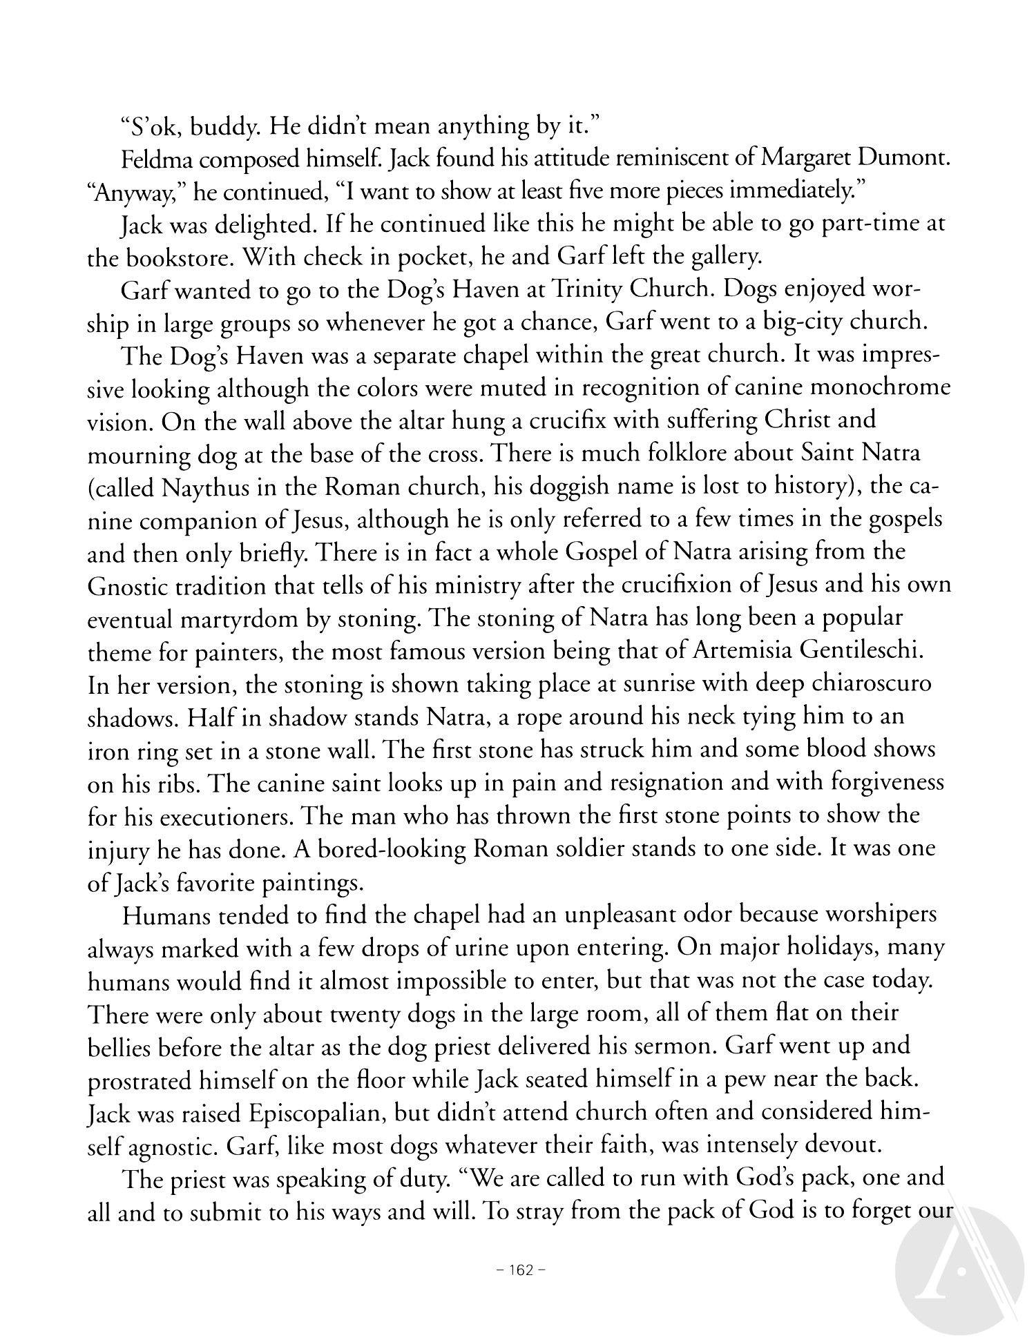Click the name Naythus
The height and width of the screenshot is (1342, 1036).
pos(208,487)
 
